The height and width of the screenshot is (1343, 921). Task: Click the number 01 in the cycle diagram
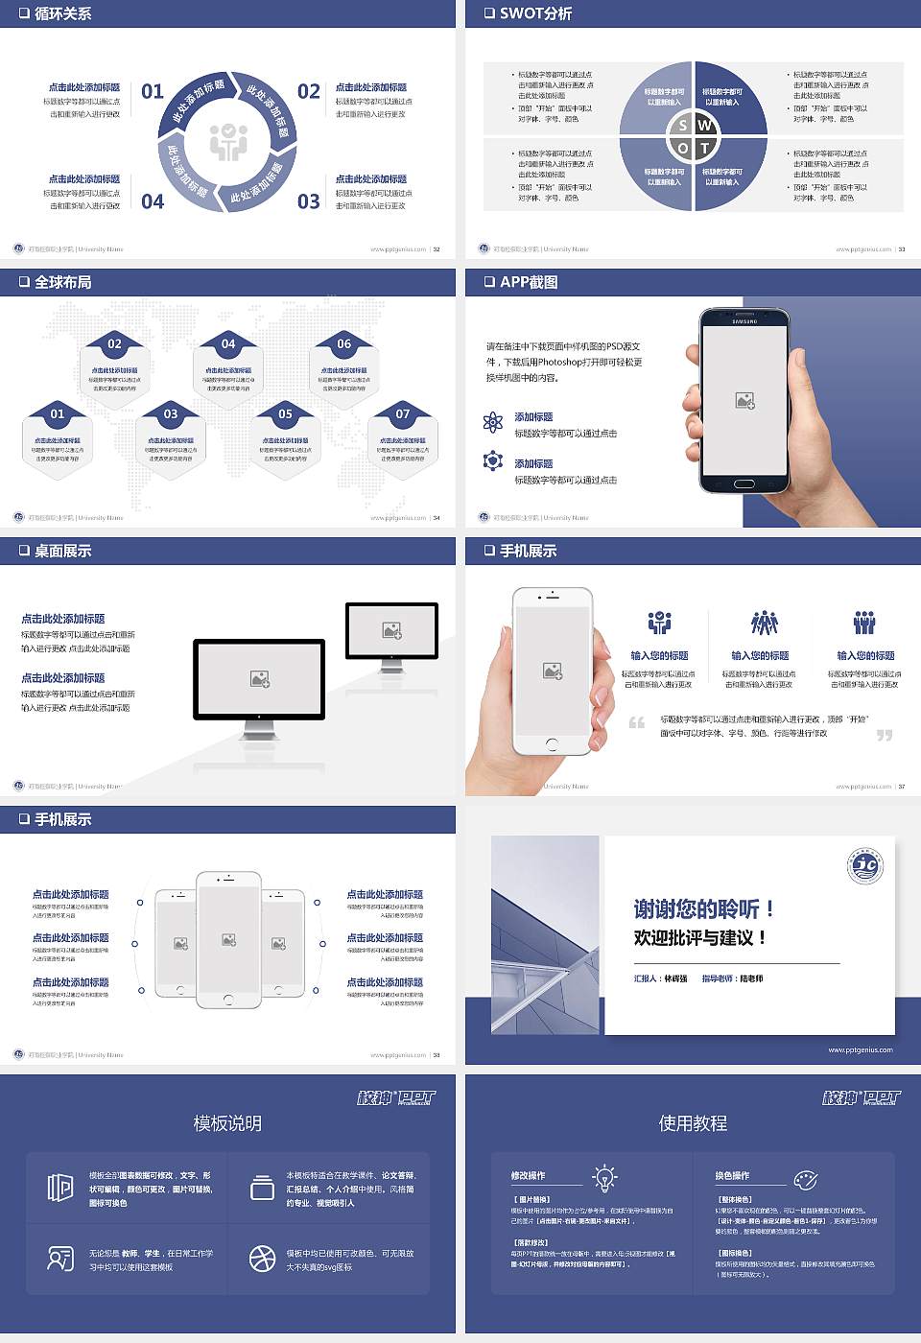[153, 91]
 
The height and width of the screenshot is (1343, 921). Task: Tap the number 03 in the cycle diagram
[308, 201]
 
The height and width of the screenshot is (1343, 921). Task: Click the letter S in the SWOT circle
[683, 125]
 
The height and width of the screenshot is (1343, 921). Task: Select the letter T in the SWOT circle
[705, 148]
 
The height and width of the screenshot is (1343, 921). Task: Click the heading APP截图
[529, 282]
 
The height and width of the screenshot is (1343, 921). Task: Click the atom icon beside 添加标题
[493, 422]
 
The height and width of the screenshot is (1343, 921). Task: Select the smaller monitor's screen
[391, 630]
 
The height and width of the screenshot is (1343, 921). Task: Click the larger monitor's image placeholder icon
[259, 679]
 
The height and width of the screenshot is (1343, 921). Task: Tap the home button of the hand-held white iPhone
[551, 743]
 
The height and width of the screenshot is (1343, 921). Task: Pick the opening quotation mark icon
[636, 722]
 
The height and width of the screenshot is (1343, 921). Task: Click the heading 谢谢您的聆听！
[703, 908]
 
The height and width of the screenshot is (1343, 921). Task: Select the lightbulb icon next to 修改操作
[604, 1177]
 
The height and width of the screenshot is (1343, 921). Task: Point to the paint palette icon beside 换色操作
[806, 1179]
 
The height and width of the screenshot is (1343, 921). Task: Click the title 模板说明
[227, 1123]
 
